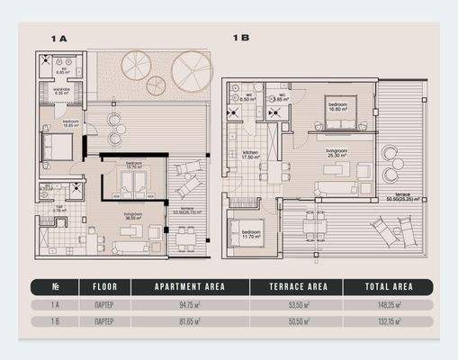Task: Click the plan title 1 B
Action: (240, 38)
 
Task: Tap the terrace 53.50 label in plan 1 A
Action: (188, 210)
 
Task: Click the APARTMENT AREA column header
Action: (190, 287)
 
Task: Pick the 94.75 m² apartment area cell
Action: (190, 305)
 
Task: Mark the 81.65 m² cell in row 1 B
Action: (190, 320)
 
